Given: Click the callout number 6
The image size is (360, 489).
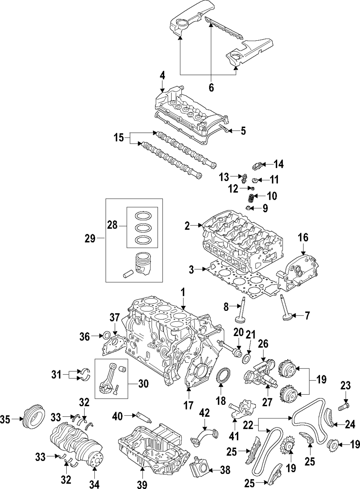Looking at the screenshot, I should [211, 87].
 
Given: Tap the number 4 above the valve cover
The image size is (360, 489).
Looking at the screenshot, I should [162, 76].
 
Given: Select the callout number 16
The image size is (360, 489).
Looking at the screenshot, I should [303, 237].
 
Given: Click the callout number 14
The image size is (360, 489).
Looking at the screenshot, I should [278, 164].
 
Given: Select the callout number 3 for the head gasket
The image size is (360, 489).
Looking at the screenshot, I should [192, 269].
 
